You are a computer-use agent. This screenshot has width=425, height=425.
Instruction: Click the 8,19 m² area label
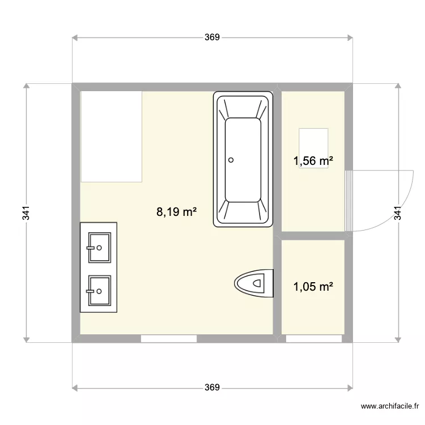pos(176,212)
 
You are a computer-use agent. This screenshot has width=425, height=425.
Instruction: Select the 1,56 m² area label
pos(313,161)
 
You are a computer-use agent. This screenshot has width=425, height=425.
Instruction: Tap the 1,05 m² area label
pos(313,287)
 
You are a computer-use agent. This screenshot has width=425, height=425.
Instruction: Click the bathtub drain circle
pos(231,160)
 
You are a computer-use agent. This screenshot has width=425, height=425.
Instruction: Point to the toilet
pos(254,282)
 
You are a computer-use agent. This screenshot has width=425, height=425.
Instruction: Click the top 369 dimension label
pos(211,37)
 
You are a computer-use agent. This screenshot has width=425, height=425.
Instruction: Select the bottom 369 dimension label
pos(211,388)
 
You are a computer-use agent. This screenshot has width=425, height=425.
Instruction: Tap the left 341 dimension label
pos(26,212)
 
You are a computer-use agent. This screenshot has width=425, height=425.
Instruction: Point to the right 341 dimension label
pos(398,212)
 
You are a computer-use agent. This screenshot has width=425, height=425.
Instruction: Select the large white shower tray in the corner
pos(111,136)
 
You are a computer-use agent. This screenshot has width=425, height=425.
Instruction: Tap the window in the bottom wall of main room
pos(169,339)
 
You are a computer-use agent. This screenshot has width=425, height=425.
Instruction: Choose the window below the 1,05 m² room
pos(313,339)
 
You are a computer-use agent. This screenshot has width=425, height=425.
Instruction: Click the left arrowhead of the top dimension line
pos(75,38)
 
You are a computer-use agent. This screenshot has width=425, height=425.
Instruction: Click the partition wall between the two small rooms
pos(313,236)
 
